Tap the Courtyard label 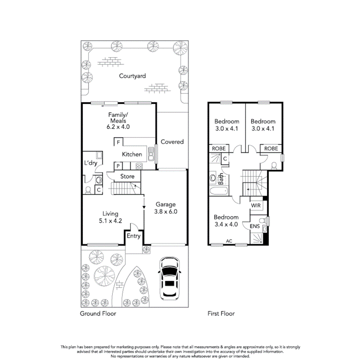[x=132, y=76]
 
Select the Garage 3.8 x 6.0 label [x=166, y=208]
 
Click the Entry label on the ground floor [x=134, y=236]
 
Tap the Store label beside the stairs [x=127, y=177]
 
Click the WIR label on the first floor [x=256, y=205]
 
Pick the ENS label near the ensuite [x=255, y=226]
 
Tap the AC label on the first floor [x=229, y=241]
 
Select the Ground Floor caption [x=98, y=314]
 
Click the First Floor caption [x=221, y=314]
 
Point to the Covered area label [x=172, y=142]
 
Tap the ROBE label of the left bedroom [x=219, y=148]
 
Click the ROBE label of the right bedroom [x=271, y=148]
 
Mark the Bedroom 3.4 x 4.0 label [x=226, y=220]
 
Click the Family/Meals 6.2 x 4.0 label [x=119, y=121]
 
